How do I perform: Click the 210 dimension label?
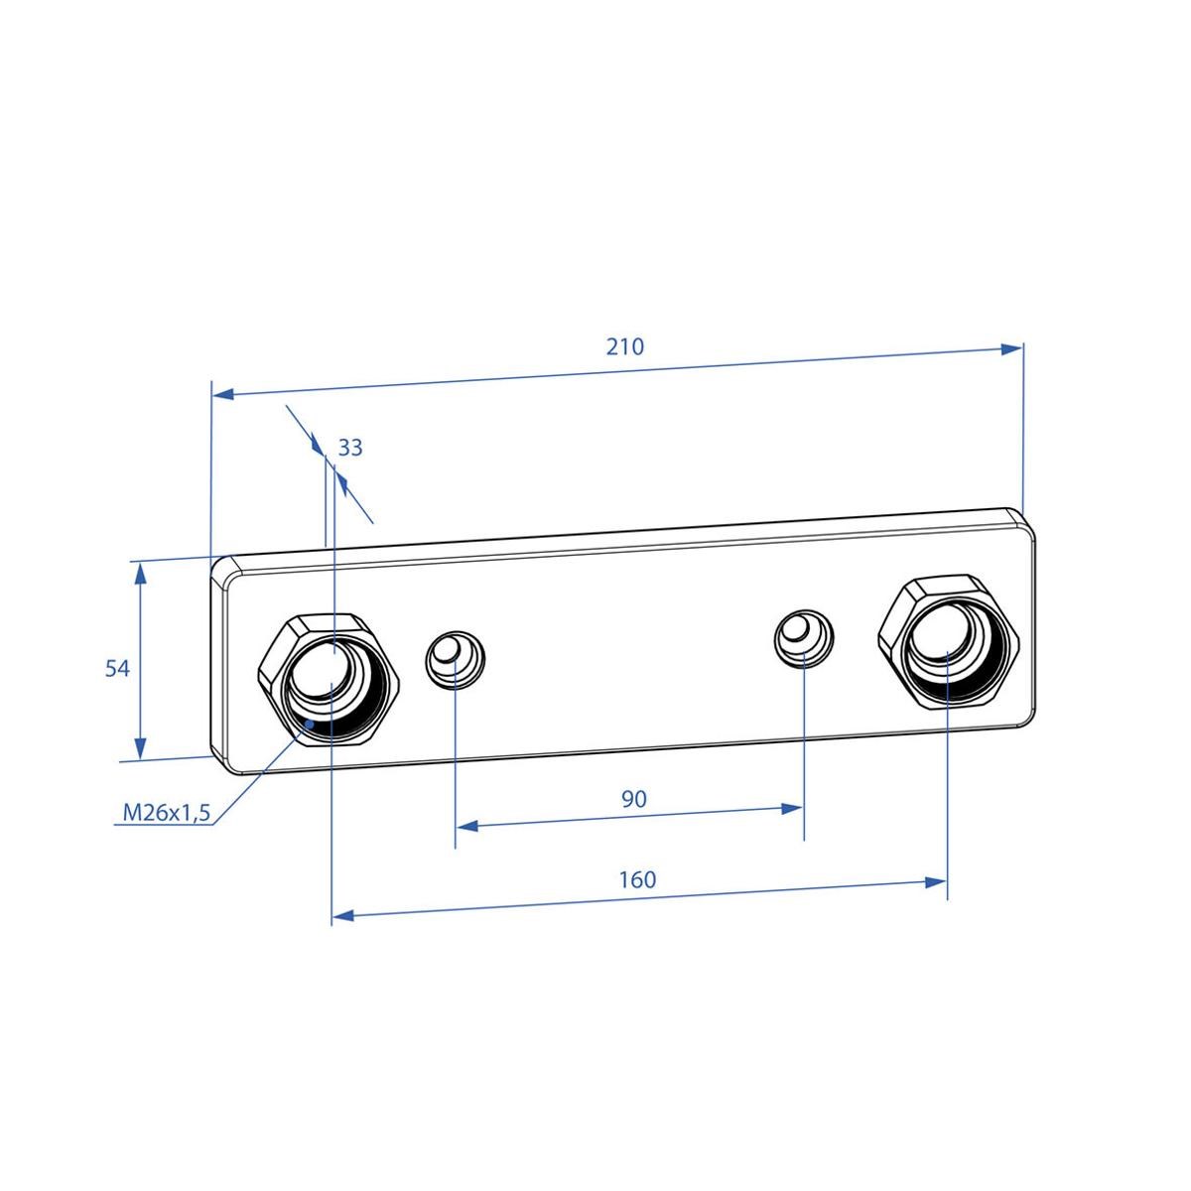pyautogui.click(x=625, y=346)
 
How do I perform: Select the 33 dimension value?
pyautogui.click(x=350, y=448)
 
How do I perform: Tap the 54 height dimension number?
pyautogui.click(x=117, y=668)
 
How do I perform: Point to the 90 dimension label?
pyautogui.click(x=634, y=798)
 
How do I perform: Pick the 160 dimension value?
pyautogui.click(x=637, y=878)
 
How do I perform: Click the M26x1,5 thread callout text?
pyautogui.click(x=167, y=814)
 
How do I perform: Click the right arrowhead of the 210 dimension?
pyautogui.click(x=1012, y=349)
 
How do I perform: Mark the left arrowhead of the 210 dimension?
pyautogui.click(x=223, y=394)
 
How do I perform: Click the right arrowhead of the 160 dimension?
pyautogui.click(x=935, y=881)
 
